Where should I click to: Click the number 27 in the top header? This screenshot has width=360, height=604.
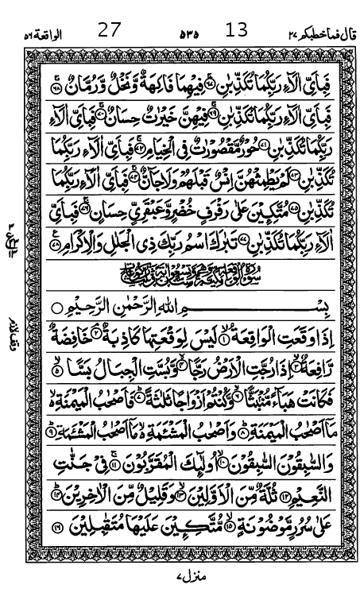click(x=109, y=31)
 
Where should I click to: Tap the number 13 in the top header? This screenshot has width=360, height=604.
click(x=237, y=31)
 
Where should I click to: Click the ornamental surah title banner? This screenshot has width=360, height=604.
click(x=191, y=278)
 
